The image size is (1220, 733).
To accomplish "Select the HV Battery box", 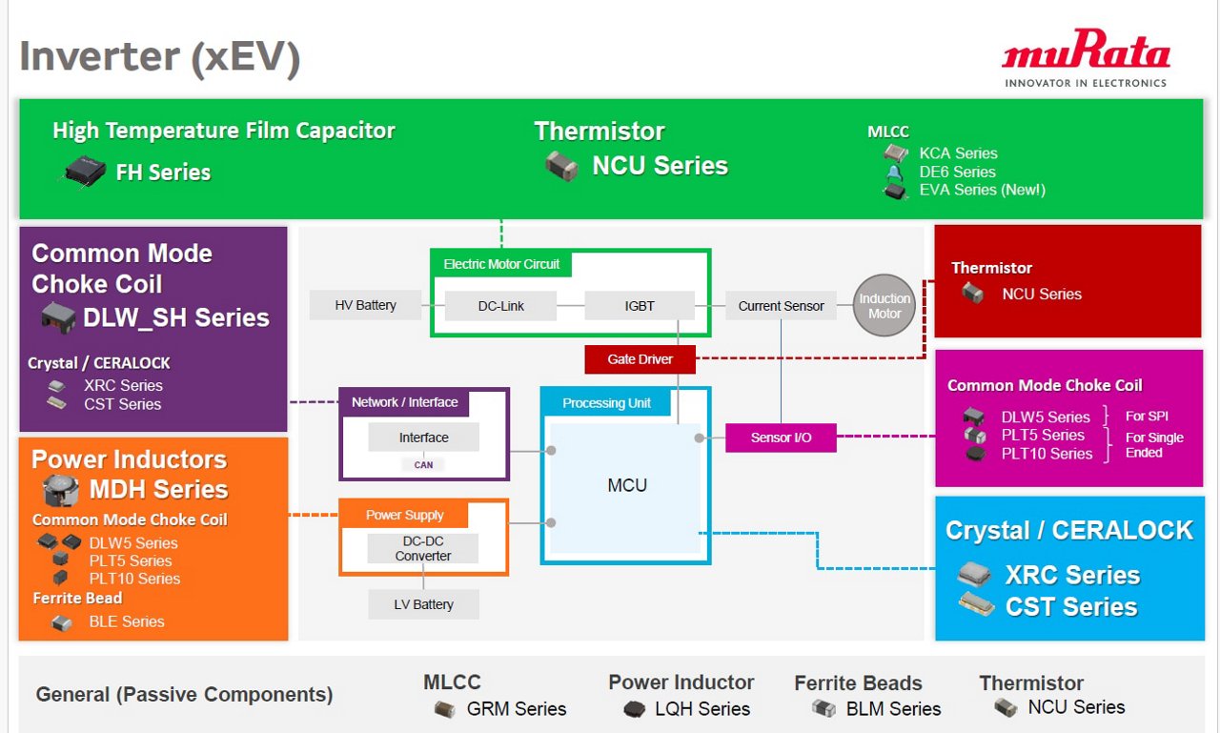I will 365,306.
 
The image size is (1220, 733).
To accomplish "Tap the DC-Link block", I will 501,306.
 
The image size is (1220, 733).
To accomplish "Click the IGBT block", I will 639,306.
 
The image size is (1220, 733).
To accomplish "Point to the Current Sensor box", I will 781,306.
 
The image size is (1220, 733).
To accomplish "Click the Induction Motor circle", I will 884,306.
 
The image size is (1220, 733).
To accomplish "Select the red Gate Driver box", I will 640,359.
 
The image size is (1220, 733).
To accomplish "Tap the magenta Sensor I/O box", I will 781,438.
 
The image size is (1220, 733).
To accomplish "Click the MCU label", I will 626,485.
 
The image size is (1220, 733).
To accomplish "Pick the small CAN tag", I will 423,465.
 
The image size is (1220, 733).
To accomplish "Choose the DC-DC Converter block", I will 423,549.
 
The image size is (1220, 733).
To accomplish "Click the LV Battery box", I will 423,604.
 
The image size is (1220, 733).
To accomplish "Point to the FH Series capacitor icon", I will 85,172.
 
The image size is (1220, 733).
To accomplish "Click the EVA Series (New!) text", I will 982,190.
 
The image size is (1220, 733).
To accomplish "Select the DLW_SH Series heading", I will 176,318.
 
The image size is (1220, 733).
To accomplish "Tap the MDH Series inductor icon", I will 59,491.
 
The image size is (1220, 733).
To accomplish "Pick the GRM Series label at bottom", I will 516,709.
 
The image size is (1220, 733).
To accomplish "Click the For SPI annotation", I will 1146,417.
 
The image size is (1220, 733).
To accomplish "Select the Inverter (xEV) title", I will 160,56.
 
